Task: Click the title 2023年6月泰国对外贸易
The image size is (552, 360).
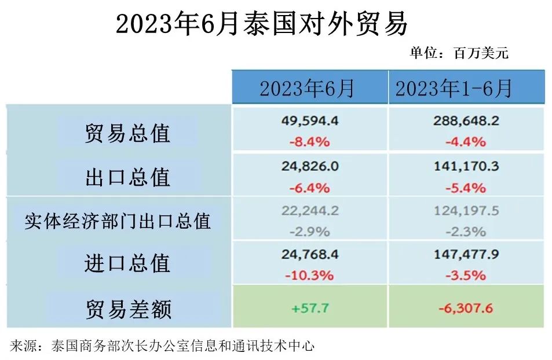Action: pyautogui.click(x=262, y=25)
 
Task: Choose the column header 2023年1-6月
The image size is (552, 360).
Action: pyautogui.click(x=454, y=89)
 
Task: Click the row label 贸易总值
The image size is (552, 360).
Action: pyautogui.click(x=127, y=133)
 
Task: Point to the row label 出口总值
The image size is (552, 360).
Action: pyautogui.click(x=127, y=177)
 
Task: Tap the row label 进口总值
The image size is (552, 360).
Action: pyautogui.click(x=127, y=264)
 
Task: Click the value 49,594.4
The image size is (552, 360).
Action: pyautogui.click(x=310, y=122)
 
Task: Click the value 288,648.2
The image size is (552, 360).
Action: pyautogui.click(x=466, y=122)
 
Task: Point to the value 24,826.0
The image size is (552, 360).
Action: pyautogui.click(x=310, y=167)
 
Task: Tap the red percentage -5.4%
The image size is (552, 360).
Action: pyautogui.click(x=466, y=188)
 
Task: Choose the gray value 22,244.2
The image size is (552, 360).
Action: pyautogui.click(x=310, y=211)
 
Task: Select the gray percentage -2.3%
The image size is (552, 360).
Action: pyautogui.click(x=466, y=232)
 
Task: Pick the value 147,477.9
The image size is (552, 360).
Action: pyautogui.click(x=466, y=255)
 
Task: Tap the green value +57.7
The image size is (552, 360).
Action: pyautogui.click(x=310, y=308)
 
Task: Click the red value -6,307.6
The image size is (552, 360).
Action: pyautogui.click(x=466, y=308)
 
